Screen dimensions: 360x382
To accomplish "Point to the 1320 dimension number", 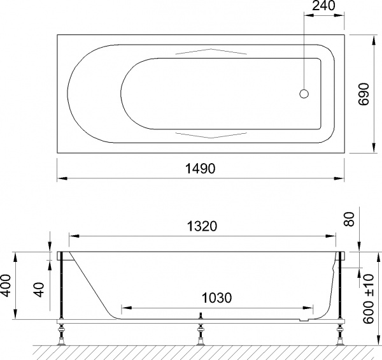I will pyautogui.click(x=202, y=226).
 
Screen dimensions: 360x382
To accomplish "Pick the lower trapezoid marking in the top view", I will pyautogui.click(x=209, y=134).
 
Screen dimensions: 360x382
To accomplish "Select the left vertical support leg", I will pyautogui.click(x=62, y=290).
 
